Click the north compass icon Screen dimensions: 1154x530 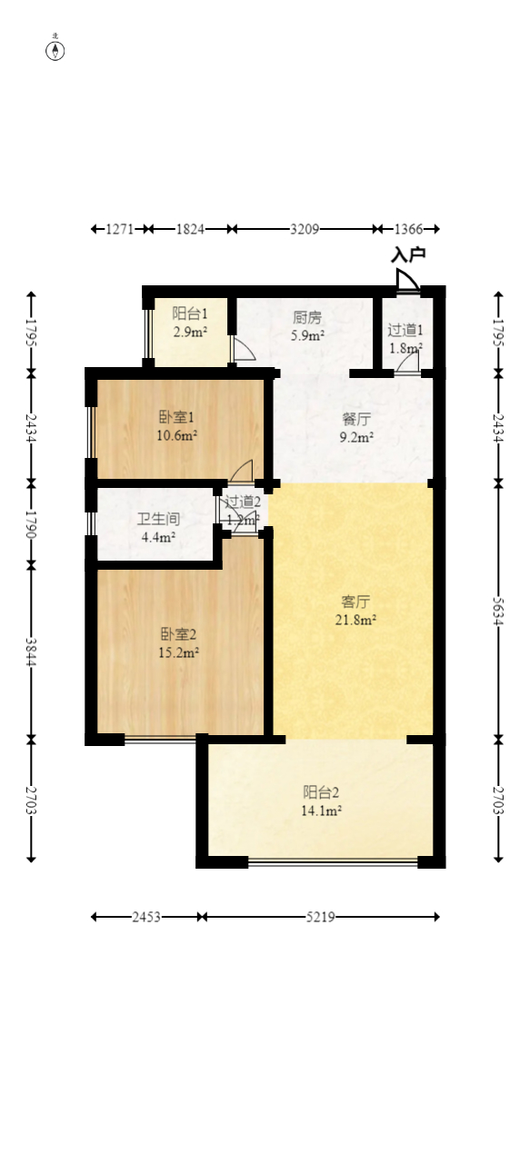55,50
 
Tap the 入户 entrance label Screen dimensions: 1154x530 408,255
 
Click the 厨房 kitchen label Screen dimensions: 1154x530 307,318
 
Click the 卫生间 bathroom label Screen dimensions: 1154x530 158,520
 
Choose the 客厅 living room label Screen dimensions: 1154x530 355,602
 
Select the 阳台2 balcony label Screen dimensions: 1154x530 322,792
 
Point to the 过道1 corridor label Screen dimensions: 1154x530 405,330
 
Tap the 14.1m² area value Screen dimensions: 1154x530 323,811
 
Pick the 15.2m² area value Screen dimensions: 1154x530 179,652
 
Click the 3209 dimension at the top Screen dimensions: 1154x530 305,229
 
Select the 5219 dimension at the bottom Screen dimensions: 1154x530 321,917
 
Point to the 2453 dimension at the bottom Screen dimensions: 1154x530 146,917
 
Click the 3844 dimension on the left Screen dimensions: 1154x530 31,651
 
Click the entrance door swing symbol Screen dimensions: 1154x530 408,280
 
